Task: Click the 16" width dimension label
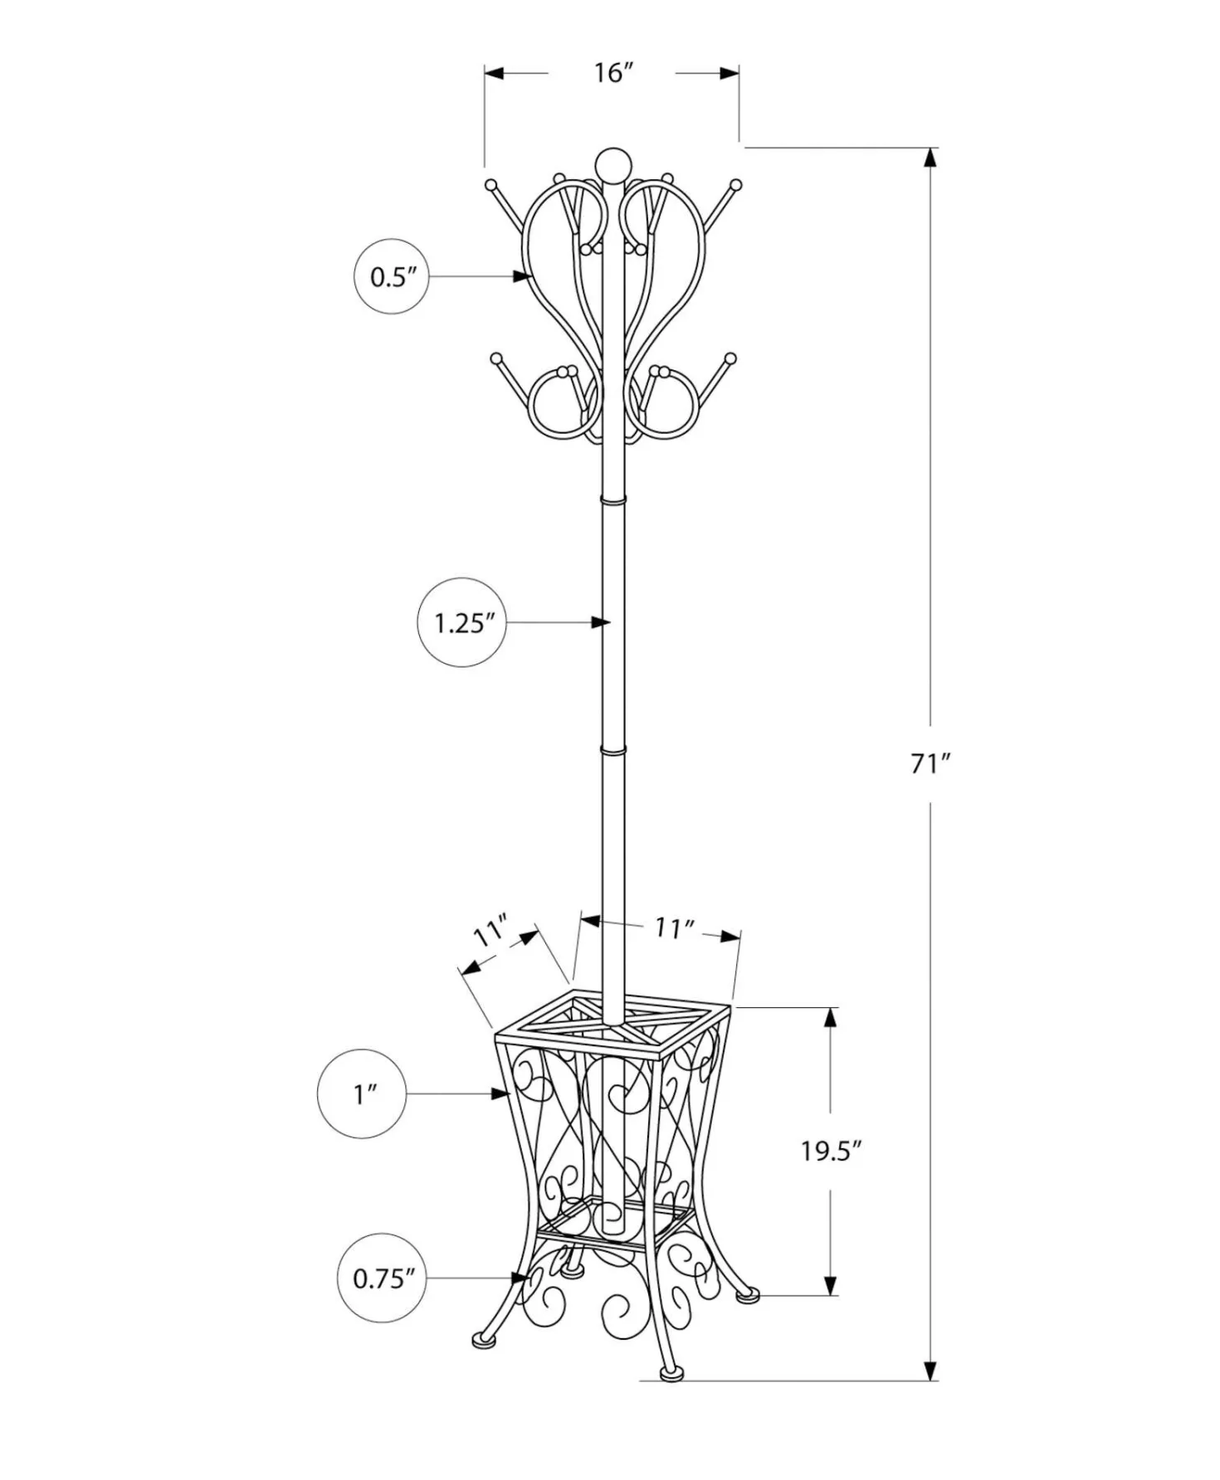613,73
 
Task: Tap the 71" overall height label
930,763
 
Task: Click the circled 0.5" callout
392,277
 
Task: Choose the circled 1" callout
363,1094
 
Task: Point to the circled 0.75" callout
383,1278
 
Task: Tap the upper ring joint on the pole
612,500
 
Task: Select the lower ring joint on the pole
612,751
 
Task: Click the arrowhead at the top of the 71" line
930,158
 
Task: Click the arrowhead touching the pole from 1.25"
601,622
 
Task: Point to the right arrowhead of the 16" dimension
729,73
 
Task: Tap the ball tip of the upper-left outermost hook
490,184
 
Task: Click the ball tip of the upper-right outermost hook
735,184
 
